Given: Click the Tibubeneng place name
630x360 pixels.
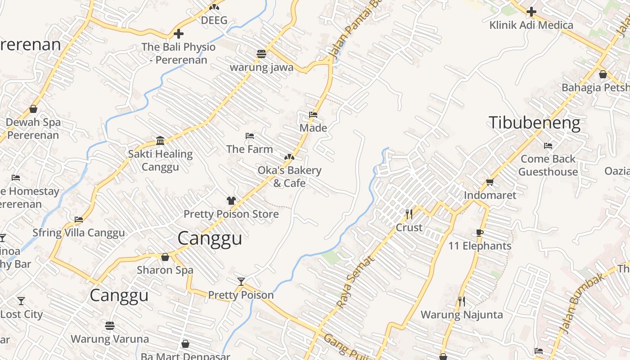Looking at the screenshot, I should [535, 123].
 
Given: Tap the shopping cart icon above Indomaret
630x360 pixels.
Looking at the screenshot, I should [490, 182].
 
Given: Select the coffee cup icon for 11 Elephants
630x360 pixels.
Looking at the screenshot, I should [479, 233].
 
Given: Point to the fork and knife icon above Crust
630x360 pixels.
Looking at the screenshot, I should [409, 214].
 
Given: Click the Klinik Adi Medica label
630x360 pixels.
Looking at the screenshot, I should [531, 25].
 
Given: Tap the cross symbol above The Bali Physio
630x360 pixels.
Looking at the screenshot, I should [179, 33].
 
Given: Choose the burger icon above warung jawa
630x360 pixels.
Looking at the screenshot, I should [261, 54].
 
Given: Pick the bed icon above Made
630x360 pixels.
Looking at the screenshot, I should [313, 115].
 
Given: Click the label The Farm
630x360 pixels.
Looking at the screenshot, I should [249, 149].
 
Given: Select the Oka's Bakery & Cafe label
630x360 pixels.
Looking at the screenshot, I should [289, 176].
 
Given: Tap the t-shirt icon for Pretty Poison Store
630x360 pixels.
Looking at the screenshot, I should [231, 200].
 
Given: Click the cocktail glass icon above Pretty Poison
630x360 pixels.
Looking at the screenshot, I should [241, 282].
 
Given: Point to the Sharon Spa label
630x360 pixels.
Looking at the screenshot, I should [165, 270].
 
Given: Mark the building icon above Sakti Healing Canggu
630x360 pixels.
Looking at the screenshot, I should [160, 140].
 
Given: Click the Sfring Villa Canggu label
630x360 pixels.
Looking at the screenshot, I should [78, 233].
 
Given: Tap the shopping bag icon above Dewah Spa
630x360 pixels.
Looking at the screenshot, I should [33, 109].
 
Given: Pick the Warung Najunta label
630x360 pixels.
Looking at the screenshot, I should [462, 314].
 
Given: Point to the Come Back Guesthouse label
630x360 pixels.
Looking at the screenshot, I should [548, 165].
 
